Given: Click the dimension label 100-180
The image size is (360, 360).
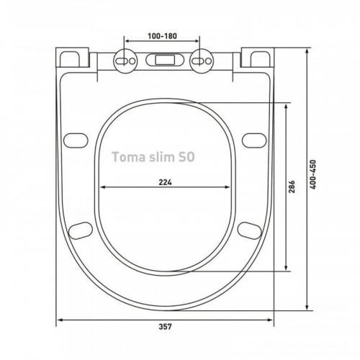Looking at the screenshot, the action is (162, 36).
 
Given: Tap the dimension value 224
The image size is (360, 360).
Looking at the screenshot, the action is (165, 182).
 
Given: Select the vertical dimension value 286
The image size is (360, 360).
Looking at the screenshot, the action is (292, 186).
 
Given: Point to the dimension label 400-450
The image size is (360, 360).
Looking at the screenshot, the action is (312, 174).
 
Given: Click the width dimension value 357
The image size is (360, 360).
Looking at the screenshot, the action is (165, 327).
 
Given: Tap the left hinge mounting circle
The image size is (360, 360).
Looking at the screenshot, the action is (125, 60).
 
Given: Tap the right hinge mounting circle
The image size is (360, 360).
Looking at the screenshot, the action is (202, 60).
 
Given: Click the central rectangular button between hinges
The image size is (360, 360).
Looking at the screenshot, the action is (164, 60).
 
